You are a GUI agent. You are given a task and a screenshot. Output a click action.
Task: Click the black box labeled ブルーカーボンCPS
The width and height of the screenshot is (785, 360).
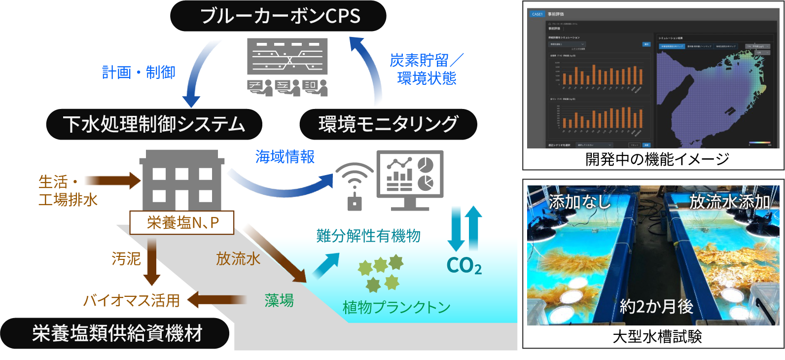pyautogui.click(x=278, y=16)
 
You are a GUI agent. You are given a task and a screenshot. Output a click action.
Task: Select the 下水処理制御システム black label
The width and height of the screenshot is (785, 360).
pyautogui.click(x=154, y=124)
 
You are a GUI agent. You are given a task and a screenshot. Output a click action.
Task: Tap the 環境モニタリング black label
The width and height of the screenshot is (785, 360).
pyautogui.click(x=388, y=124)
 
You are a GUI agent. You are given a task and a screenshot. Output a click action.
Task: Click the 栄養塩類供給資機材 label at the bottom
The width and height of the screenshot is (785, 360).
pyautogui.click(x=116, y=334)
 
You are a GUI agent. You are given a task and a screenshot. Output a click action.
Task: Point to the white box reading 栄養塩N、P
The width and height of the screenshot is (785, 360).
pyautogui.click(x=182, y=223)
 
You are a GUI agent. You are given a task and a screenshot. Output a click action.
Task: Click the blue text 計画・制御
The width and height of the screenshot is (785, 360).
pyautogui.click(x=139, y=72)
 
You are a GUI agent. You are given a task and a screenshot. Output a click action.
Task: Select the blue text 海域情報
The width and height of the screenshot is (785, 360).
pyautogui.click(x=285, y=157)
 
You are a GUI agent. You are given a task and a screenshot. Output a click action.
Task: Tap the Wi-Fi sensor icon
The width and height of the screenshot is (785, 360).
pyautogui.click(x=355, y=185)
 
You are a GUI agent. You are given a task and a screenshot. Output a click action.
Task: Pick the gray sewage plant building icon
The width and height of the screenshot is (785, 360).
pyautogui.click(x=182, y=180)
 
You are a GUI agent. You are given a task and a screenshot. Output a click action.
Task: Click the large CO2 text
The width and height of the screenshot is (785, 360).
pyautogui.click(x=464, y=266)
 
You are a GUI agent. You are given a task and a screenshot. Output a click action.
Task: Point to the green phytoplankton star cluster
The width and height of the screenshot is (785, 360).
pyautogui.click(x=381, y=272)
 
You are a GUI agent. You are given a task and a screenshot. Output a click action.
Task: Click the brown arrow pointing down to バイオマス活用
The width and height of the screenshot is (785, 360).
pyautogui.click(x=152, y=261)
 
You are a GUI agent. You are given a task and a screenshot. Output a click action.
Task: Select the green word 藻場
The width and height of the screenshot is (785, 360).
pyautogui.click(x=279, y=300)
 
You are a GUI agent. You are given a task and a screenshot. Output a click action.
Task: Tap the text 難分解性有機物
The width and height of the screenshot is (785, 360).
pyautogui.click(x=368, y=236)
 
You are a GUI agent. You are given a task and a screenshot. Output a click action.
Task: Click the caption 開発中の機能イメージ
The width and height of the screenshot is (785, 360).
pyautogui.click(x=657, y=159)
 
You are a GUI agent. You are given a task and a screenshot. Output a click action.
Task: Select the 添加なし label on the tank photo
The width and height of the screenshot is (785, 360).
pyautogui.click(x=579, y=202)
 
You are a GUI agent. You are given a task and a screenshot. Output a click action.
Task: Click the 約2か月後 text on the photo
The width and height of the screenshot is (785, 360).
pyautogui.click(x=656, y=307)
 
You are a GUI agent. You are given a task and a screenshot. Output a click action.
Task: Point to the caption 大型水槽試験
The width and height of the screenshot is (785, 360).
pyautogui.click(x=657, y=337)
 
